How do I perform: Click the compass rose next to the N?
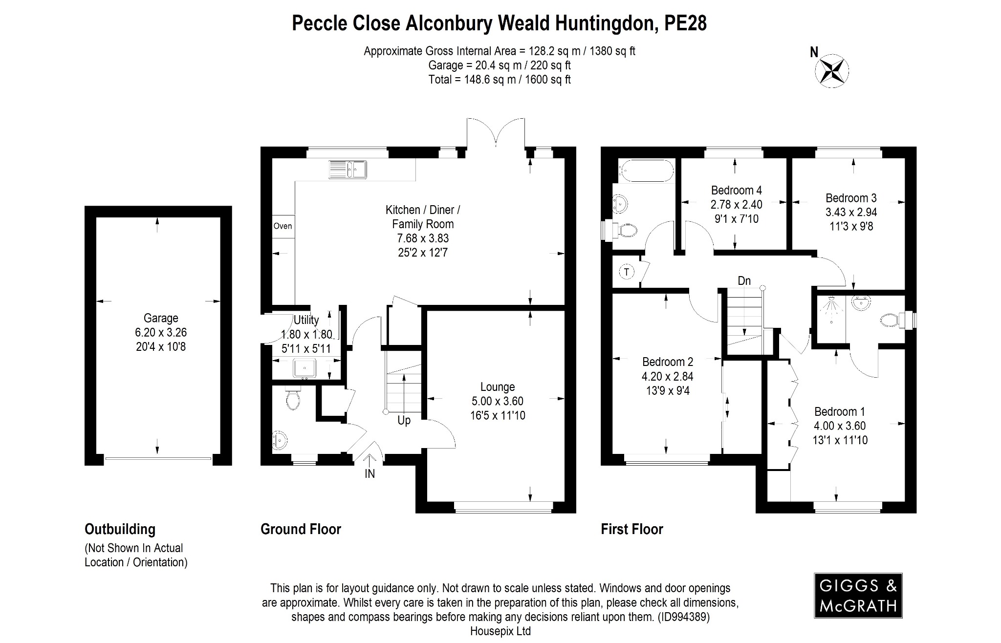831,71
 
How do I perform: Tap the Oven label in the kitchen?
283,226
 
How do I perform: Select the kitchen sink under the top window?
348,169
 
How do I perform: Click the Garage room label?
161,319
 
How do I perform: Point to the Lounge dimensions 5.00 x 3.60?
497,401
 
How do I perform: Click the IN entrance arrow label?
370,473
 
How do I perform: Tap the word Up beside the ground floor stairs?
404,421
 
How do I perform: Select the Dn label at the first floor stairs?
744,281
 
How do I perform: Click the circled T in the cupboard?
626,272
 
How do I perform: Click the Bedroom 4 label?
736,190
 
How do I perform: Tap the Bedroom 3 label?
851,198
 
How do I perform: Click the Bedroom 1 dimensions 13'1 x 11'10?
840,440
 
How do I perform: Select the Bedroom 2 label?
667,362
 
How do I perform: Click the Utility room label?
306,320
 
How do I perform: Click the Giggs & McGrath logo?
858,596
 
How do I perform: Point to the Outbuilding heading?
120,529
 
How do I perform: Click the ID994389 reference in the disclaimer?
683,617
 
